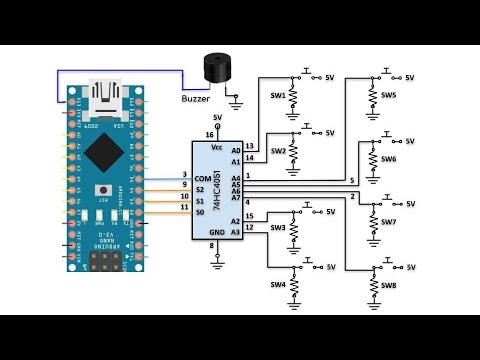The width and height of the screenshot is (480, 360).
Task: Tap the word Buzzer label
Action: click(x=195, y=98)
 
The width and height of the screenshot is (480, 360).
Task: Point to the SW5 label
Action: click(x=389, y=95)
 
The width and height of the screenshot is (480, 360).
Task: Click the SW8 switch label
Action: click(x=389, y=286)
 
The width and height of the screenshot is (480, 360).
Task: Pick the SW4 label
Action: click(x=278, y=285)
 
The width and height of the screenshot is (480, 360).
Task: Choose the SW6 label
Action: click(x=389, y=159)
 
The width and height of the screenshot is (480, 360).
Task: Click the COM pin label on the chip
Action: click(x=203, y=179)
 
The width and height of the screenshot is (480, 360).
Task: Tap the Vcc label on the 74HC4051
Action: click(x=216, y=147)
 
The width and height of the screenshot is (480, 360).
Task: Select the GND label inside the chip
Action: click(x=217, y=232)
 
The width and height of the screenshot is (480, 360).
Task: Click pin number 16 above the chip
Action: click(x=209, y=133)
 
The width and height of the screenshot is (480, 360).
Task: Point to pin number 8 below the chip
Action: click(x=211, y=246)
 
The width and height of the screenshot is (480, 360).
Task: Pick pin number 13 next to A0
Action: click(x=248, y=146)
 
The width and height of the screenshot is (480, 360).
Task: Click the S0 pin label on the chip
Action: click(x=201, y=212)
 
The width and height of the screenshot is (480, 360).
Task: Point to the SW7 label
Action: click(x=389, y=222)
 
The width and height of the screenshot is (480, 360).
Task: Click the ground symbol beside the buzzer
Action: click(x=237, y=99)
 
